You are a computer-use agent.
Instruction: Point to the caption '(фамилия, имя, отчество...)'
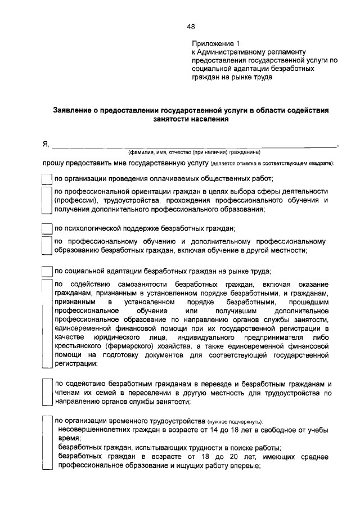(x=193, y=152)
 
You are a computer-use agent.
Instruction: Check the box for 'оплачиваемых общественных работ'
(x=47, y=179)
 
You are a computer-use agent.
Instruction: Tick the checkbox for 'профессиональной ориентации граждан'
(x=47, y=200)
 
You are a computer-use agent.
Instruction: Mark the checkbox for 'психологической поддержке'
(x=47, y=229)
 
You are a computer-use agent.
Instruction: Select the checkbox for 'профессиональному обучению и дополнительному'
(x=47, y=246)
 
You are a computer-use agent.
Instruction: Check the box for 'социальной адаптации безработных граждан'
(x=47, y=271)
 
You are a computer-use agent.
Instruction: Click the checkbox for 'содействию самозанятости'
(x=47, y=323)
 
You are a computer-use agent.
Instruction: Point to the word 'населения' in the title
(x=211, y=119)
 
